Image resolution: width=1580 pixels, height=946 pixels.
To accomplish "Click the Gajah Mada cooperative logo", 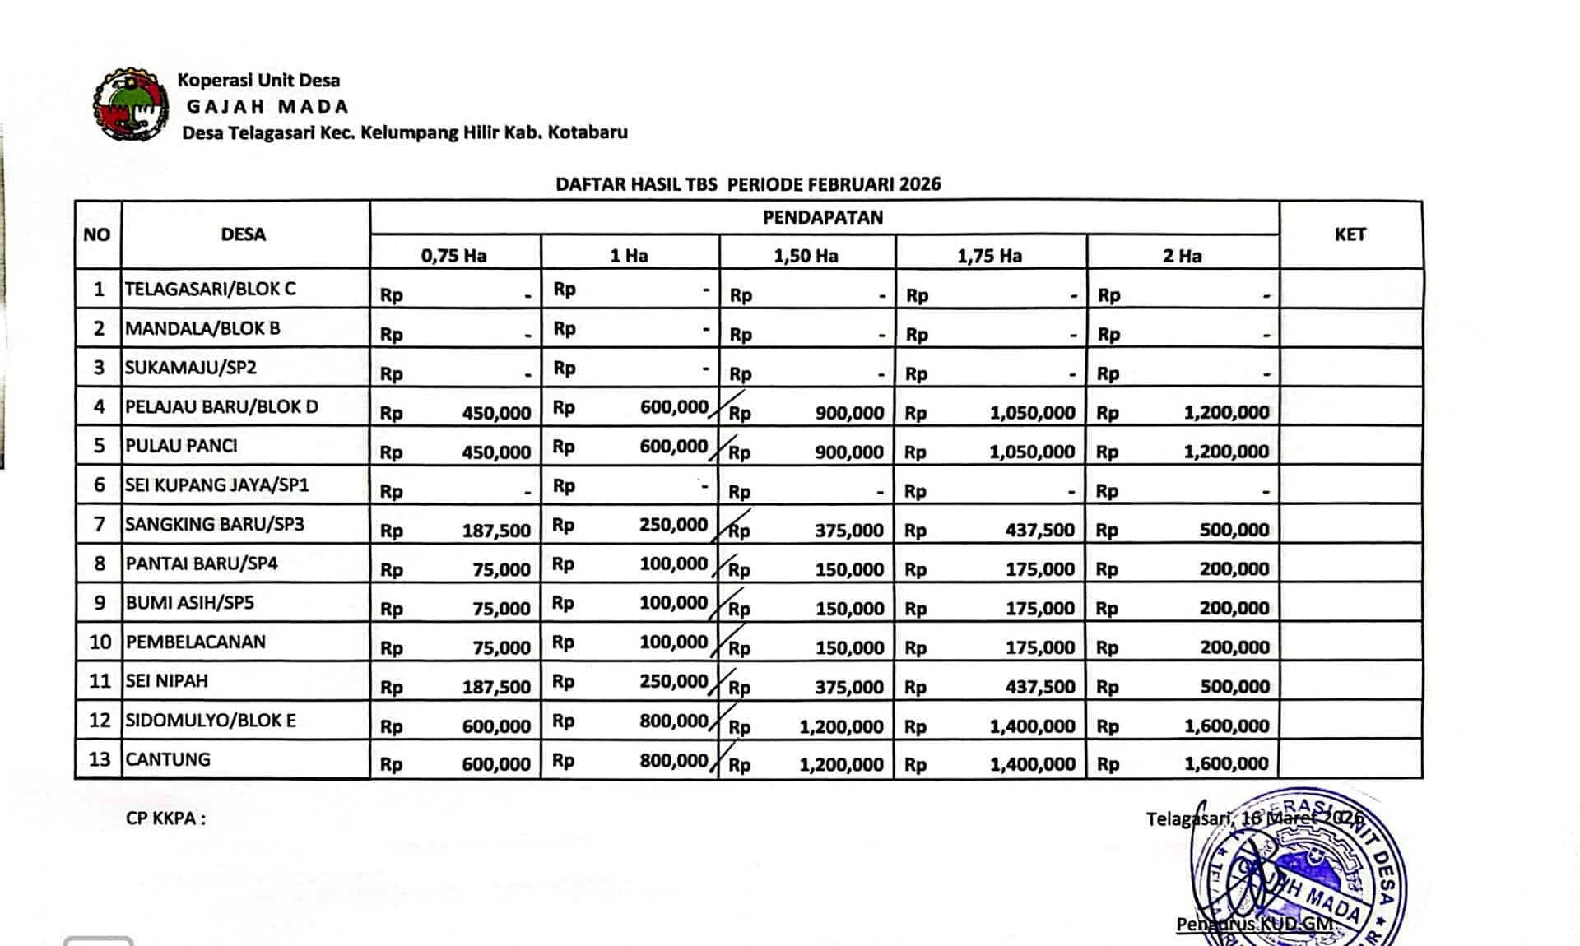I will [x=131, y=105].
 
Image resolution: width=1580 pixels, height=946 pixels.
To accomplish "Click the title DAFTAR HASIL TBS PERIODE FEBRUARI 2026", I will [x=748, y=184].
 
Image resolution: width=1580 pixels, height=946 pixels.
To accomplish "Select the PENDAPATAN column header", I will [x=823, y=217].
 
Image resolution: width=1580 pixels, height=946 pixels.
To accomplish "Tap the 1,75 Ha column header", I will [x=989, y=256].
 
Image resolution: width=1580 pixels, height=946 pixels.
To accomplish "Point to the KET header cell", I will [x=1350, y=234].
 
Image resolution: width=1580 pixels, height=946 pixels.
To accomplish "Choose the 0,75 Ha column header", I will [x=453, y=256].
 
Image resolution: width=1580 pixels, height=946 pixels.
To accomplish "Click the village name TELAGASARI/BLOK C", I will [x=210, y=289].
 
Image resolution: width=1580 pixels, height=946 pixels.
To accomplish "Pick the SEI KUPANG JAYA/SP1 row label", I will [x=216, y=485].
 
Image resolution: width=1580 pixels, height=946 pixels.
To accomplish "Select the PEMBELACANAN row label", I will [x=196, y=642].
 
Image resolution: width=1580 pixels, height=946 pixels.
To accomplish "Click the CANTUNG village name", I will [x=168, y=759].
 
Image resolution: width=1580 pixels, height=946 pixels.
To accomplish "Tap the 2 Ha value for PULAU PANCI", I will [x=1226, y=452].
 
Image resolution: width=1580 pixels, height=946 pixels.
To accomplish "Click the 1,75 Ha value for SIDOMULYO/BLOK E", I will [x=1032, y=726].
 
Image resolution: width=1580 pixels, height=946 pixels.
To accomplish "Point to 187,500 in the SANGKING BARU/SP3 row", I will [x=496, y=531].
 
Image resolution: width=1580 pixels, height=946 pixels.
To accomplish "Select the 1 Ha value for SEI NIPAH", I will [x=673, y=681].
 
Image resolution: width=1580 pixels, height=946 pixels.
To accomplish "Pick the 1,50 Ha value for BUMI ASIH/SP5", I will [x=849, y=609].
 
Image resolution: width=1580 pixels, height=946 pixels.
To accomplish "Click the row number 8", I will [x=100, y=563].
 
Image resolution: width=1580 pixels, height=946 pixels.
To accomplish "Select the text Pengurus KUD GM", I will [x=1254, y=924].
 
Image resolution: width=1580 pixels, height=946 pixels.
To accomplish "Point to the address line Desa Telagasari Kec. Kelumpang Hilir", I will [x=404, y=132].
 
